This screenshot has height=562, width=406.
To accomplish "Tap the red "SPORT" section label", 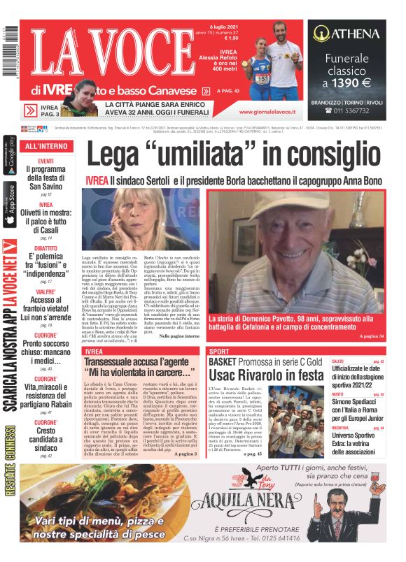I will click(x=218, y=351).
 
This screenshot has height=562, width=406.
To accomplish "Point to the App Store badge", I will click(x=10, y=204).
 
